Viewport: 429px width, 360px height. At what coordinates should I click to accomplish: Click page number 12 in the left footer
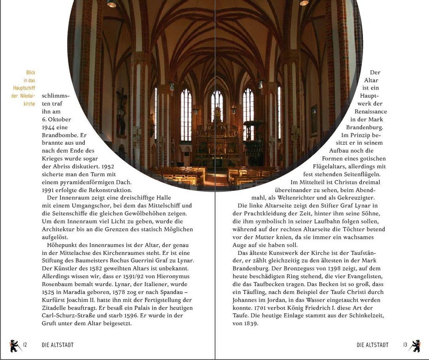[25, 345]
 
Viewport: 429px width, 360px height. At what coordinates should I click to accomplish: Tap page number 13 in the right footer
[405, 345]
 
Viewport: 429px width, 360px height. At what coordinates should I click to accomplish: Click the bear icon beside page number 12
[15, 346]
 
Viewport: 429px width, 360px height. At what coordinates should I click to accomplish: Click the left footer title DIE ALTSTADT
[58, 345]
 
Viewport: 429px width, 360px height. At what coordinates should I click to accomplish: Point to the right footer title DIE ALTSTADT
[372, 345]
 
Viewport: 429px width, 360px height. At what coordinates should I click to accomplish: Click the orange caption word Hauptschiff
[24, 88]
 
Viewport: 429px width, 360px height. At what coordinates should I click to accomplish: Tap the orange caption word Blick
[30, 73]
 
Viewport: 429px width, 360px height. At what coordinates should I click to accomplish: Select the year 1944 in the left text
[49, 127]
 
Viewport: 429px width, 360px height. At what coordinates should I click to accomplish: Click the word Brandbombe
[60, 135]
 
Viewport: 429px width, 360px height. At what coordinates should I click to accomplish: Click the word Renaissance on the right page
[371, 112]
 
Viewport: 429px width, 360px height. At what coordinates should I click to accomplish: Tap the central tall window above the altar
[217, 107]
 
